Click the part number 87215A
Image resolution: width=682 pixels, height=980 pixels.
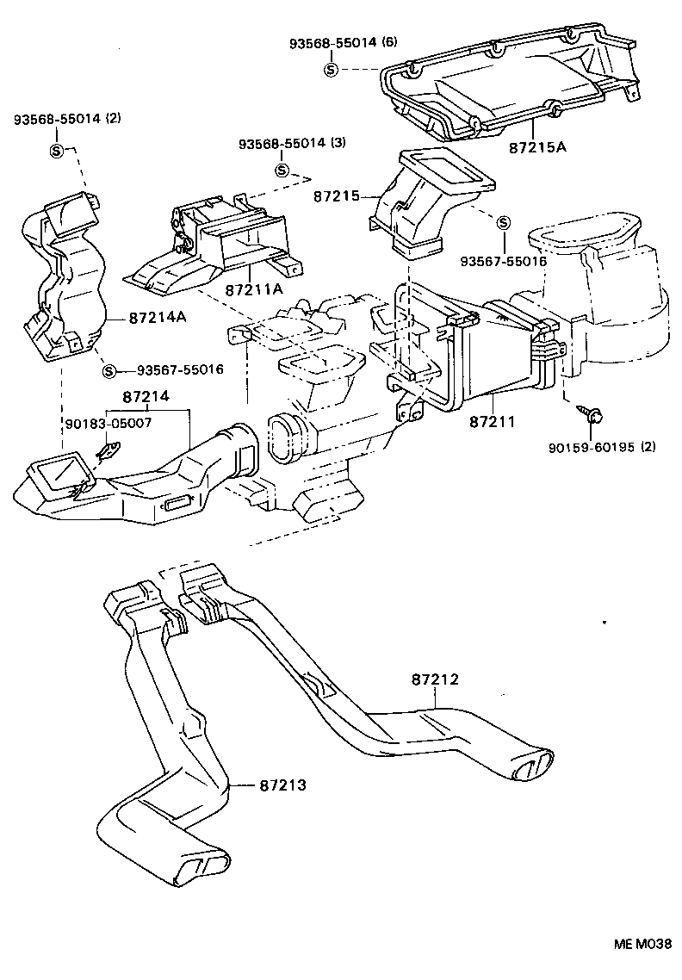(x=536, y=147)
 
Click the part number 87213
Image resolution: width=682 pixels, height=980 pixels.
(x=282, y=785)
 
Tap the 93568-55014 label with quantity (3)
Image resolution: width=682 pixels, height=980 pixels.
(x=292, y=143)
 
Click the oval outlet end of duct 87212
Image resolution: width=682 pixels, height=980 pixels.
(x=535, y=765)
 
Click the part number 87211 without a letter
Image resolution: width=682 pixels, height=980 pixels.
(x=493, y=422)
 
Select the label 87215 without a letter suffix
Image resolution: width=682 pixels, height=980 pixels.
(x=336, y=196)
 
